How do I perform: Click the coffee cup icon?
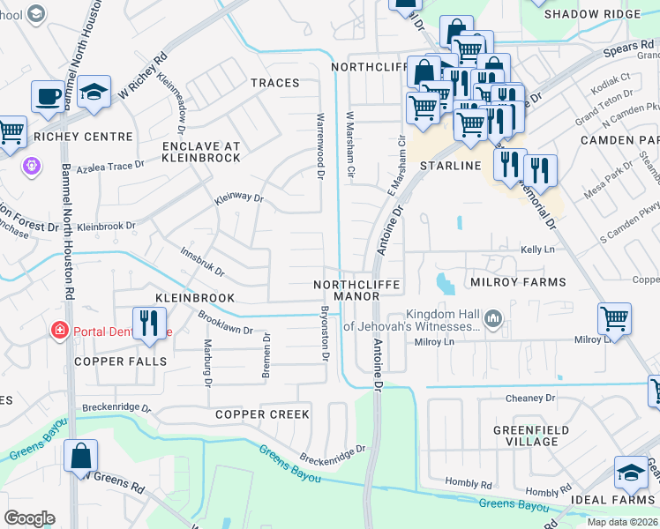pyautogui.click(x=47, y=95)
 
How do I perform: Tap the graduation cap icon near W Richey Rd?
pyautogui.click(x=93, y=93)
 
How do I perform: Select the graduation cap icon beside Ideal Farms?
pyautogui.click(x=631, y=473)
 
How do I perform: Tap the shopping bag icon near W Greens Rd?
pyautogui.click(x=80, y=456)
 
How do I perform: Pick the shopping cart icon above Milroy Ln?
pyautogui.click(x=614, y=318)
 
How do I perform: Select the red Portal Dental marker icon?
pyautogui.click(x=59, y=331)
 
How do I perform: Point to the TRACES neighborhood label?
pyautogui.click(x=274, y=83)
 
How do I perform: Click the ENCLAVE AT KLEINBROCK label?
pyautogui.click(x=201, y=151)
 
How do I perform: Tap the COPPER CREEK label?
pyautogui.click(x=262, y=414)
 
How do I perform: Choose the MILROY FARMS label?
pyautogui.click(x=517, y=282)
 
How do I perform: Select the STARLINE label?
pyautogui.click(x=450, y=166)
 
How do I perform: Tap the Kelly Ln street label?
pyautogui.click(x=536, y=251)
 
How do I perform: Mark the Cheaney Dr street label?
pyautogui.click(x=530, y=399)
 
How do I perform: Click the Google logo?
pyautogui.click(x=29, y=518)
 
